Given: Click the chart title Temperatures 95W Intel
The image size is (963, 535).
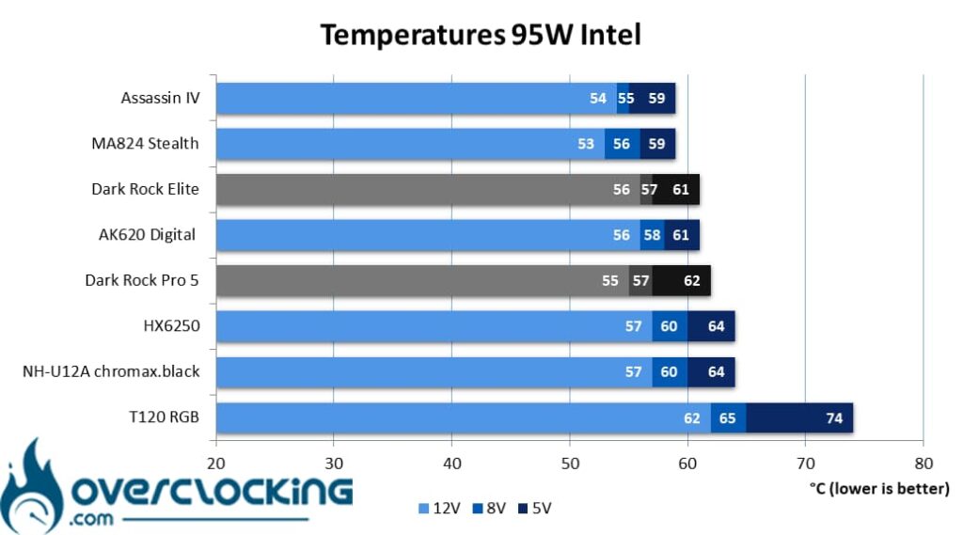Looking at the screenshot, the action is coord(481,35).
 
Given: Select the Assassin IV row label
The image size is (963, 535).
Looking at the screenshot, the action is coord(160,98).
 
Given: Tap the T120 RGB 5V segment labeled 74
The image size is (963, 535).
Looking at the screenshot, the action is coord(799,417).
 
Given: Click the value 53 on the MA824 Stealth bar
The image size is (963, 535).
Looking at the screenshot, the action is coord(586,144).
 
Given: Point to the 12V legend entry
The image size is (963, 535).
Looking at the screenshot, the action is coord(439,508).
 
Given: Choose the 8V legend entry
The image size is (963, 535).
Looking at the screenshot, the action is coord(489,508).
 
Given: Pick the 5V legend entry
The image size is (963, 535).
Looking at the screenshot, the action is coord(535,508).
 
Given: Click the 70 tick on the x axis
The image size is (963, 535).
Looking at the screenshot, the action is coord(805,464).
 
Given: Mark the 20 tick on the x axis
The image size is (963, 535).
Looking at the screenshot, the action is coord(215,464).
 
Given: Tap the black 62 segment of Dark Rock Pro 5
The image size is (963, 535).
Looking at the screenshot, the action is coord(682,281).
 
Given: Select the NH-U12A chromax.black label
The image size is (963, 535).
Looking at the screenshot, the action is coord(111,371).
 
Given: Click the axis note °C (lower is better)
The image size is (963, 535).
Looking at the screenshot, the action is coord(879,488).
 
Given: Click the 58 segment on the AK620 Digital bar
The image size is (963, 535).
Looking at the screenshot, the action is coord(653,235).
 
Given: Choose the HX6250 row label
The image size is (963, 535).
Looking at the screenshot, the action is coord(171,325).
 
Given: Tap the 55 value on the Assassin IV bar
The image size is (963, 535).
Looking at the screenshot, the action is coord(625,99).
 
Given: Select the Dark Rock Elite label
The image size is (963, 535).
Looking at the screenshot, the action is coord(145,189).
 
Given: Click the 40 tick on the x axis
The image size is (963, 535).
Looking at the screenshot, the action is coord(452,464).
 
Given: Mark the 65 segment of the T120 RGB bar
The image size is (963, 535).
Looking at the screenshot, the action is coord(729,417).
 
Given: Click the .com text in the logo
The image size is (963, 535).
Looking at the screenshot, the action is coord(91,519).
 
